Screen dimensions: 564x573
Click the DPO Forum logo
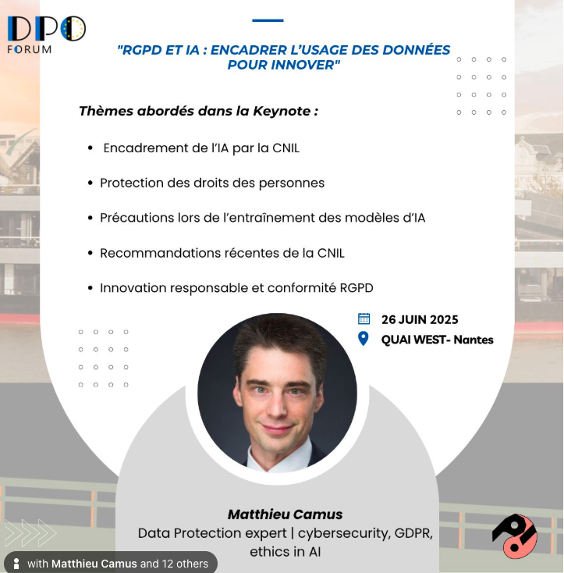click(x=46, y=35)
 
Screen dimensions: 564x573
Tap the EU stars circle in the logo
click(x=73, y=29)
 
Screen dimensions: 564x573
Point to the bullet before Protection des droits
click(x=90, y=183)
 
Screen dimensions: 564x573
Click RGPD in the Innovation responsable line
click(x=356, y=288)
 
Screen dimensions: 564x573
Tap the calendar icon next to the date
click(x=364, y=319)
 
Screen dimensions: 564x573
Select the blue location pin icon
click(x=364, y=338)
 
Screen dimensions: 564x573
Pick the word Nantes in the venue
click(x=474, y=340)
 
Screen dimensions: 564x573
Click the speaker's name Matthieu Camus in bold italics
click(x=285, y=514)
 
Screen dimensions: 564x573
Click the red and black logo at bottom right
click(x=515, y=536)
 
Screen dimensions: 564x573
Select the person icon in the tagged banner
click(x=16, y=564)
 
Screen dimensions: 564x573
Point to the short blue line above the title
click(x=268, y=20)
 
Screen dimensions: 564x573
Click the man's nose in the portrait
click(x=278, y=408)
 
